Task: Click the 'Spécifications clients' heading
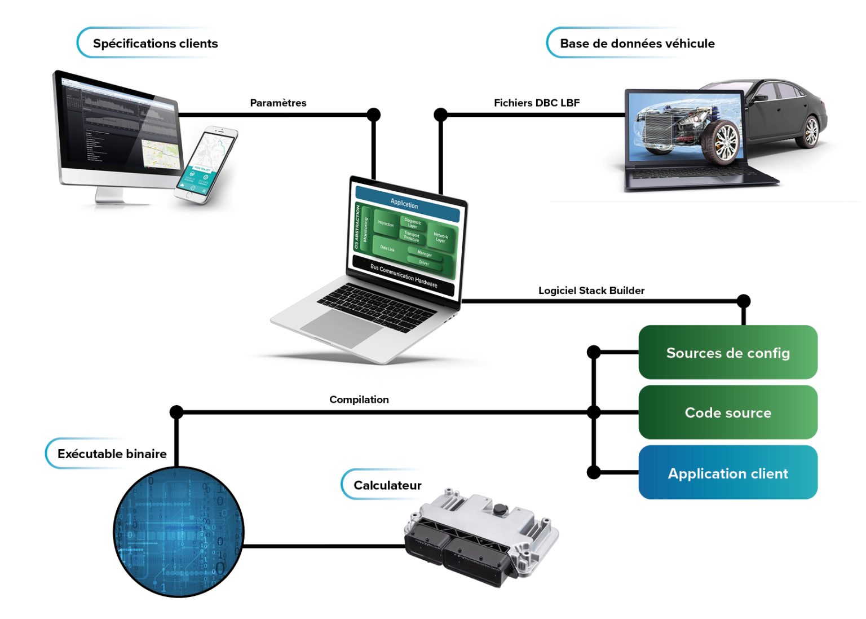click(x=155, y=43)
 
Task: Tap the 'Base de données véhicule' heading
click(x=637, y=43)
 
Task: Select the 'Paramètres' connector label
click(x=278, y=103)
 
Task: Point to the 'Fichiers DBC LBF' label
click(x=537, y=103)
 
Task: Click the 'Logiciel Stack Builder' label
click(x=591, y=291)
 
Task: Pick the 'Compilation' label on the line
click(x=359, y=400)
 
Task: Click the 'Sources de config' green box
click(x=728, y=353)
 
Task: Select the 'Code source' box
click(x=728, y=412)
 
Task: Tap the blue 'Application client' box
click(x=728, y=473)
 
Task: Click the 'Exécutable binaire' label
click(x=112, y=454)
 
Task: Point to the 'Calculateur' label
click(x=387, y=485)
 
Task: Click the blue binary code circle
click(x=179, y=532)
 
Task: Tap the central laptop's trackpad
click(x=342, y=328)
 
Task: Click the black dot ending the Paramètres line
click(x=373, y=115)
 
